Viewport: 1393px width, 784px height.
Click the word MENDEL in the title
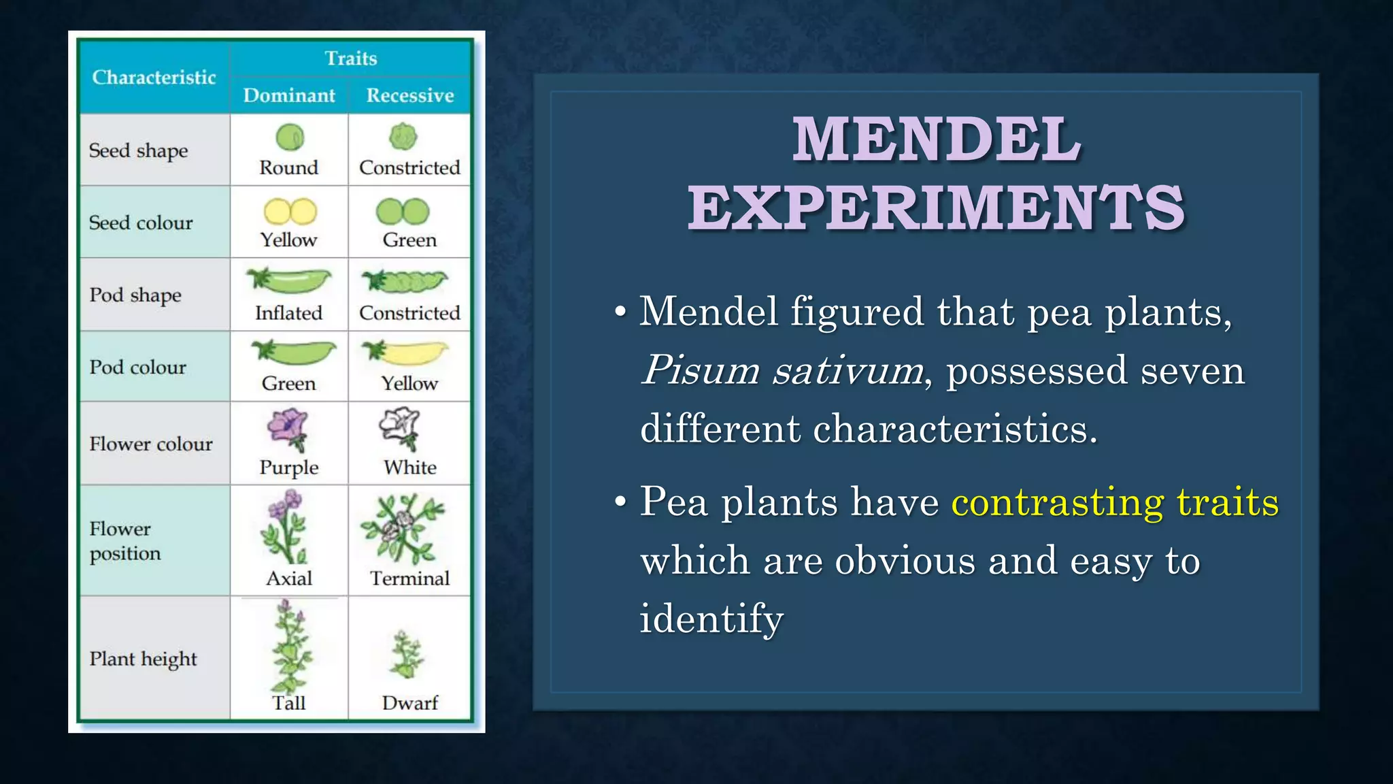point(937,139)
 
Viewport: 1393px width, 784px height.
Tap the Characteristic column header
point(154,78)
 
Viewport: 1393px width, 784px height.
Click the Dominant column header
point(289,95)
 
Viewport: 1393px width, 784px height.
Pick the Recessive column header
point(409,95)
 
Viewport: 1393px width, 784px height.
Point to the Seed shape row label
point(138,150)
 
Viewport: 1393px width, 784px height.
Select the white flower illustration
point(401,427)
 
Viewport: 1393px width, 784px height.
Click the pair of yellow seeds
point(290,212)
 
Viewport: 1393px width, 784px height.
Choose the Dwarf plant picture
point(406,655)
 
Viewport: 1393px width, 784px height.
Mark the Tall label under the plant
point(288,703)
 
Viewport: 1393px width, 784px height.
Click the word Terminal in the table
point(409,578)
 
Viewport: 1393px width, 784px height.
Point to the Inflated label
point(288,313)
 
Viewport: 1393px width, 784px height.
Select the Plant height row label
point(143,659)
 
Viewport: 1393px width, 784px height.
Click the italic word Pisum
point(701,371)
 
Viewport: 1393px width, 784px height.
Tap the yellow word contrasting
point(1058,502)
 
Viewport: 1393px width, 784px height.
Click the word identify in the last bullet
point(711,619)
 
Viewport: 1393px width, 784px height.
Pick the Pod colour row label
point(137,367)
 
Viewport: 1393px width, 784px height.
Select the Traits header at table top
point(350,59)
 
